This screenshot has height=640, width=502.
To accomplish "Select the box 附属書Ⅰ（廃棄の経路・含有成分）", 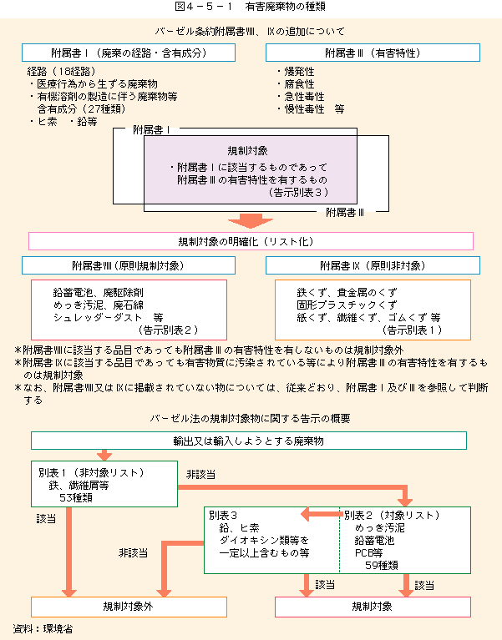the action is point(129,53).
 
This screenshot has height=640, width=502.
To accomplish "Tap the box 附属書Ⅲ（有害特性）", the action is point(373,53).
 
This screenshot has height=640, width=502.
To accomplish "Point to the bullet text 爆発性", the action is point(299,72).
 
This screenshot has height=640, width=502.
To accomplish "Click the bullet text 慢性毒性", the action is point(304,109).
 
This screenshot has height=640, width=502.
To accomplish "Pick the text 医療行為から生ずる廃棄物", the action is point(97,84).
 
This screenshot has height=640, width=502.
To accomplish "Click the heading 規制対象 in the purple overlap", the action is point(247,150).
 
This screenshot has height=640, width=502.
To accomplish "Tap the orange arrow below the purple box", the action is point(251,220).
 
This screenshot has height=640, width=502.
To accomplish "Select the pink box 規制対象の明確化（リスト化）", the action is point(251,241).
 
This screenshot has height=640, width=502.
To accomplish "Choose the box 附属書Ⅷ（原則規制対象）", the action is point(129,265).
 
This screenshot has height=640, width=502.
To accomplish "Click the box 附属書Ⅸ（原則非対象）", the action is point(373,265).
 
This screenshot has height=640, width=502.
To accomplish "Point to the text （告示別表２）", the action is point(168,330).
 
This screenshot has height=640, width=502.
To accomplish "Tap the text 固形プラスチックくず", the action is point(347,305).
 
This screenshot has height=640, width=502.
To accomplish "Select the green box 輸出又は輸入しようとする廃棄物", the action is point(249,441).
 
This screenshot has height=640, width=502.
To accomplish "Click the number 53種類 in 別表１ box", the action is point(76,498).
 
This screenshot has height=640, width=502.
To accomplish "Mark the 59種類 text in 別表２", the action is point(382,565).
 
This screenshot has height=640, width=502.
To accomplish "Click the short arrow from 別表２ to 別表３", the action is point(322,514).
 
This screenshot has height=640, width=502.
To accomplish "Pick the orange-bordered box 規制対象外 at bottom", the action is point(129,607).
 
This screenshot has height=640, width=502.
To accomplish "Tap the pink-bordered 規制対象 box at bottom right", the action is point(373,607).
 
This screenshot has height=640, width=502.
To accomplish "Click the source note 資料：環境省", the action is point(43,628).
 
